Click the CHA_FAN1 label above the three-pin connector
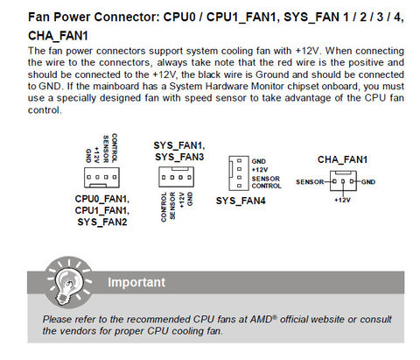click(x=342, y=159)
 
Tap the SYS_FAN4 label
click(x=241, y=201)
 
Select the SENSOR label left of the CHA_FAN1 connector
click(x=310, y=182)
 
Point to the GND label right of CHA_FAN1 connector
click(x=368, y=182)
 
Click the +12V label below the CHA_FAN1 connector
click(x=342, y=200)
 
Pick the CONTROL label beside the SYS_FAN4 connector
click(x=267, y=186)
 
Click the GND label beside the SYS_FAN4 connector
click(x=259, y=161)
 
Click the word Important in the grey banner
click(x=136, y=282)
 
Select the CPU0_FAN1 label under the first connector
click(x=102, y=199)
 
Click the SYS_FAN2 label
click(x=102, y=222)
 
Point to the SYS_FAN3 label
click(x=179, y=157)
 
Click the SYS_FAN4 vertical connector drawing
click(x=239, y=173)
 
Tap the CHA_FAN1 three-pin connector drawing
click(x=343, y=181)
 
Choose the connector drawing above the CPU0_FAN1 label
click(x=101, y=178)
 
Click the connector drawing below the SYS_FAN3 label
click(x=177, y=177)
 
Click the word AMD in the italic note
click(x=262, y=319)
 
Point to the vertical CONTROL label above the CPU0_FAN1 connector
click(x=115, y=148)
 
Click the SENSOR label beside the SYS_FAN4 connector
click(x=266, y=179)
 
